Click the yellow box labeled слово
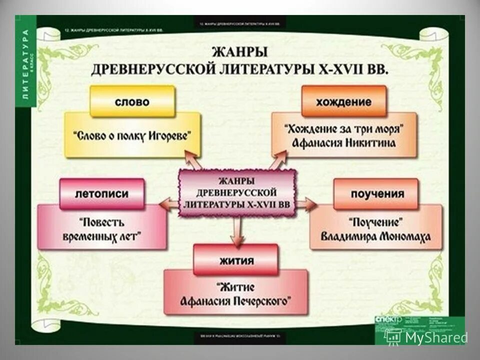click(x=132, y=101)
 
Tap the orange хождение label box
click(x=343, y=101)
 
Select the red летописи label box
click(x=102, y=193)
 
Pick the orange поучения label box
click(x=376, y=193)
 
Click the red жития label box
click(x=235, y=260)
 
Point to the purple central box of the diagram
click(x=237, y=192)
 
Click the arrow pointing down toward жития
click(x=237, y=230)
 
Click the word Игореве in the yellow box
click(x=169, y=135)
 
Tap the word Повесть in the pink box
click(x=101, y=221)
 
